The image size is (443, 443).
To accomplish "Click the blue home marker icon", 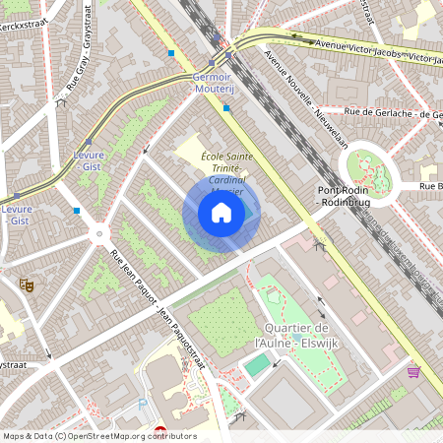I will [221, 213].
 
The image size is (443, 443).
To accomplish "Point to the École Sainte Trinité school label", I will [226, 163].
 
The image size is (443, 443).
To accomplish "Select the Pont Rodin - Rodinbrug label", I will [344, 196].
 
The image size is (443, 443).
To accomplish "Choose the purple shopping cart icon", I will [413, 372].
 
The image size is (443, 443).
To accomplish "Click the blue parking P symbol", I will [145, 405].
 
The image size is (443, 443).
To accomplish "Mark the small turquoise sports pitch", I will [256, 365].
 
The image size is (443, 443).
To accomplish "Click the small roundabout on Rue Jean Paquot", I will [98, 234].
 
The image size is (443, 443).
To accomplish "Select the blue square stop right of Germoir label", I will [227, 108].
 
